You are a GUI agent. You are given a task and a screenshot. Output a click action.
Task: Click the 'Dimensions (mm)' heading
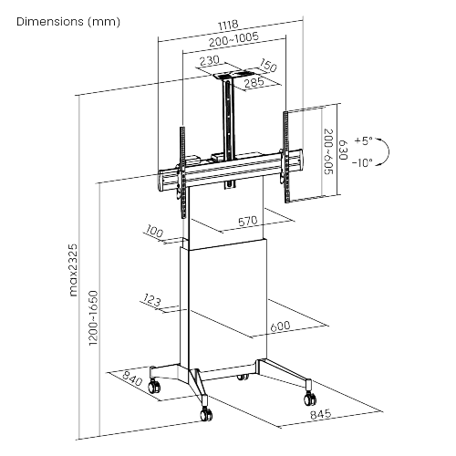click(x=68, y=22)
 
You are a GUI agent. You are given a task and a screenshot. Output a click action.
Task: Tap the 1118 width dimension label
click(x=228, y=26)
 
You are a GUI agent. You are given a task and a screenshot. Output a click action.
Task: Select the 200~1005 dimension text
click(x=233, y=39)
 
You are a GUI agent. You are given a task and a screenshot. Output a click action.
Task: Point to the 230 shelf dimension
click(x=209, y=60)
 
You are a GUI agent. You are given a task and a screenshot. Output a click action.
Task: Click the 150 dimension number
click(x=268, y=66)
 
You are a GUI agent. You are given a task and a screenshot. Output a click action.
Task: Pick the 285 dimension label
click(x=254, y=83)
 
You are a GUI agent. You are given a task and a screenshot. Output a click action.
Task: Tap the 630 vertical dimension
click(x=343, y=150)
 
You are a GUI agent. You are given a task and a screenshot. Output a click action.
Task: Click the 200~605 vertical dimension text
click(x=329, y=151)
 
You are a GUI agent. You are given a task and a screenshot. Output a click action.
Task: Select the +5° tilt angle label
click(x=364, y=141)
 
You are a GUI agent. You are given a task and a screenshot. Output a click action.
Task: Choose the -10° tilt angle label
click(x=362, y=162)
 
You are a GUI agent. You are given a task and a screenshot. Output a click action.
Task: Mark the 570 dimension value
click(x=248, y=222)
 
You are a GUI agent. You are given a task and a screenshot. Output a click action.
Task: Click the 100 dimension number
click(x=154, y=232)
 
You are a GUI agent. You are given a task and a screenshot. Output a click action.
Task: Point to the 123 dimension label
click(x=151, y=300)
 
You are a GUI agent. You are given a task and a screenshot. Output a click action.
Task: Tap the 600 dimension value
click(x=280, y=326)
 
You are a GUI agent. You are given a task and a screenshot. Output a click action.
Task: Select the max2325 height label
click(x=73, y=270)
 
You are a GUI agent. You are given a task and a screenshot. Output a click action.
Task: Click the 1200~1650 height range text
click(x=94, y=318)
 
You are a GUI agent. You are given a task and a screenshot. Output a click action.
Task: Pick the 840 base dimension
click(x=132, y=378)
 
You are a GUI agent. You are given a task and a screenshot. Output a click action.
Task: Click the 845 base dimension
click(x=321, y=414)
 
